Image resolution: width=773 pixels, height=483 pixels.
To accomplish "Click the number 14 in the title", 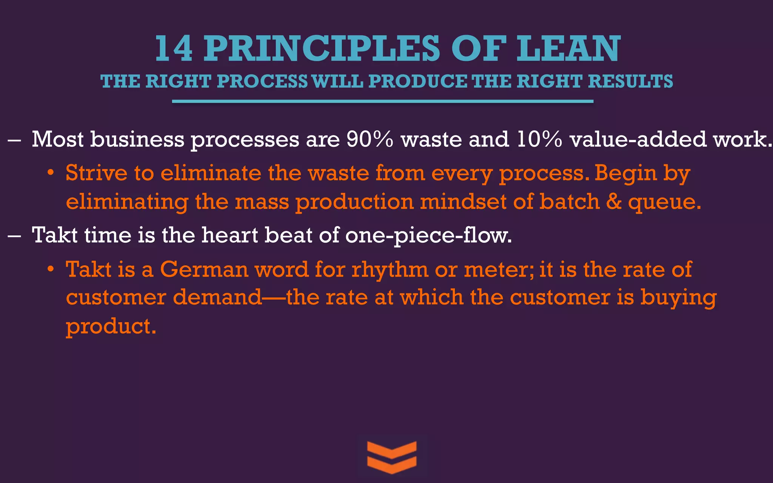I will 174,49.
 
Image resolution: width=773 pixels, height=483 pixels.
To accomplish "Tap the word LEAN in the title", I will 568,49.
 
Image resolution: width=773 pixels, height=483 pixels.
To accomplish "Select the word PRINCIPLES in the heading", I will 322,49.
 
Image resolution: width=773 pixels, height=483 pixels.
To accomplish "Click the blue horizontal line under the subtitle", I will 383,101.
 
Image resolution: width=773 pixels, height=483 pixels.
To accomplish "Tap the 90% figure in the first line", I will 370,139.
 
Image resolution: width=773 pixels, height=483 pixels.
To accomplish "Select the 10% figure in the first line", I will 539,139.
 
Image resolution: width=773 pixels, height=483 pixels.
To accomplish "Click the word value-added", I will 638,139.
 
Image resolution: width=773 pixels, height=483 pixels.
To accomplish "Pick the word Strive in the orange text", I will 97,173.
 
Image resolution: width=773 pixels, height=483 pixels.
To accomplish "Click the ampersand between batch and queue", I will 614,202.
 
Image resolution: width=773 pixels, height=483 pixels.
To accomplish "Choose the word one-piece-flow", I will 428,235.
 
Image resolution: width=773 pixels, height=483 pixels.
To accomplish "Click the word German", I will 204,269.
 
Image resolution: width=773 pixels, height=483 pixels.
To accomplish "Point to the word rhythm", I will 390,270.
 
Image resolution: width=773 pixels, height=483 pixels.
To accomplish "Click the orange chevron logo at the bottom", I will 392,457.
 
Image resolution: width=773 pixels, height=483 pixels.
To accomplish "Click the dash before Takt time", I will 14,235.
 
